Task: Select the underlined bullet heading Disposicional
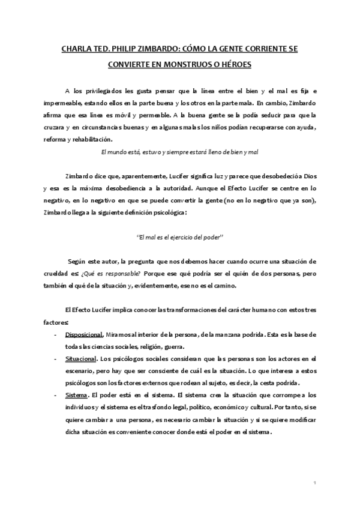click(x=85, y=334)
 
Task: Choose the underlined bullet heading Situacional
click(x=81, y=358)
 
